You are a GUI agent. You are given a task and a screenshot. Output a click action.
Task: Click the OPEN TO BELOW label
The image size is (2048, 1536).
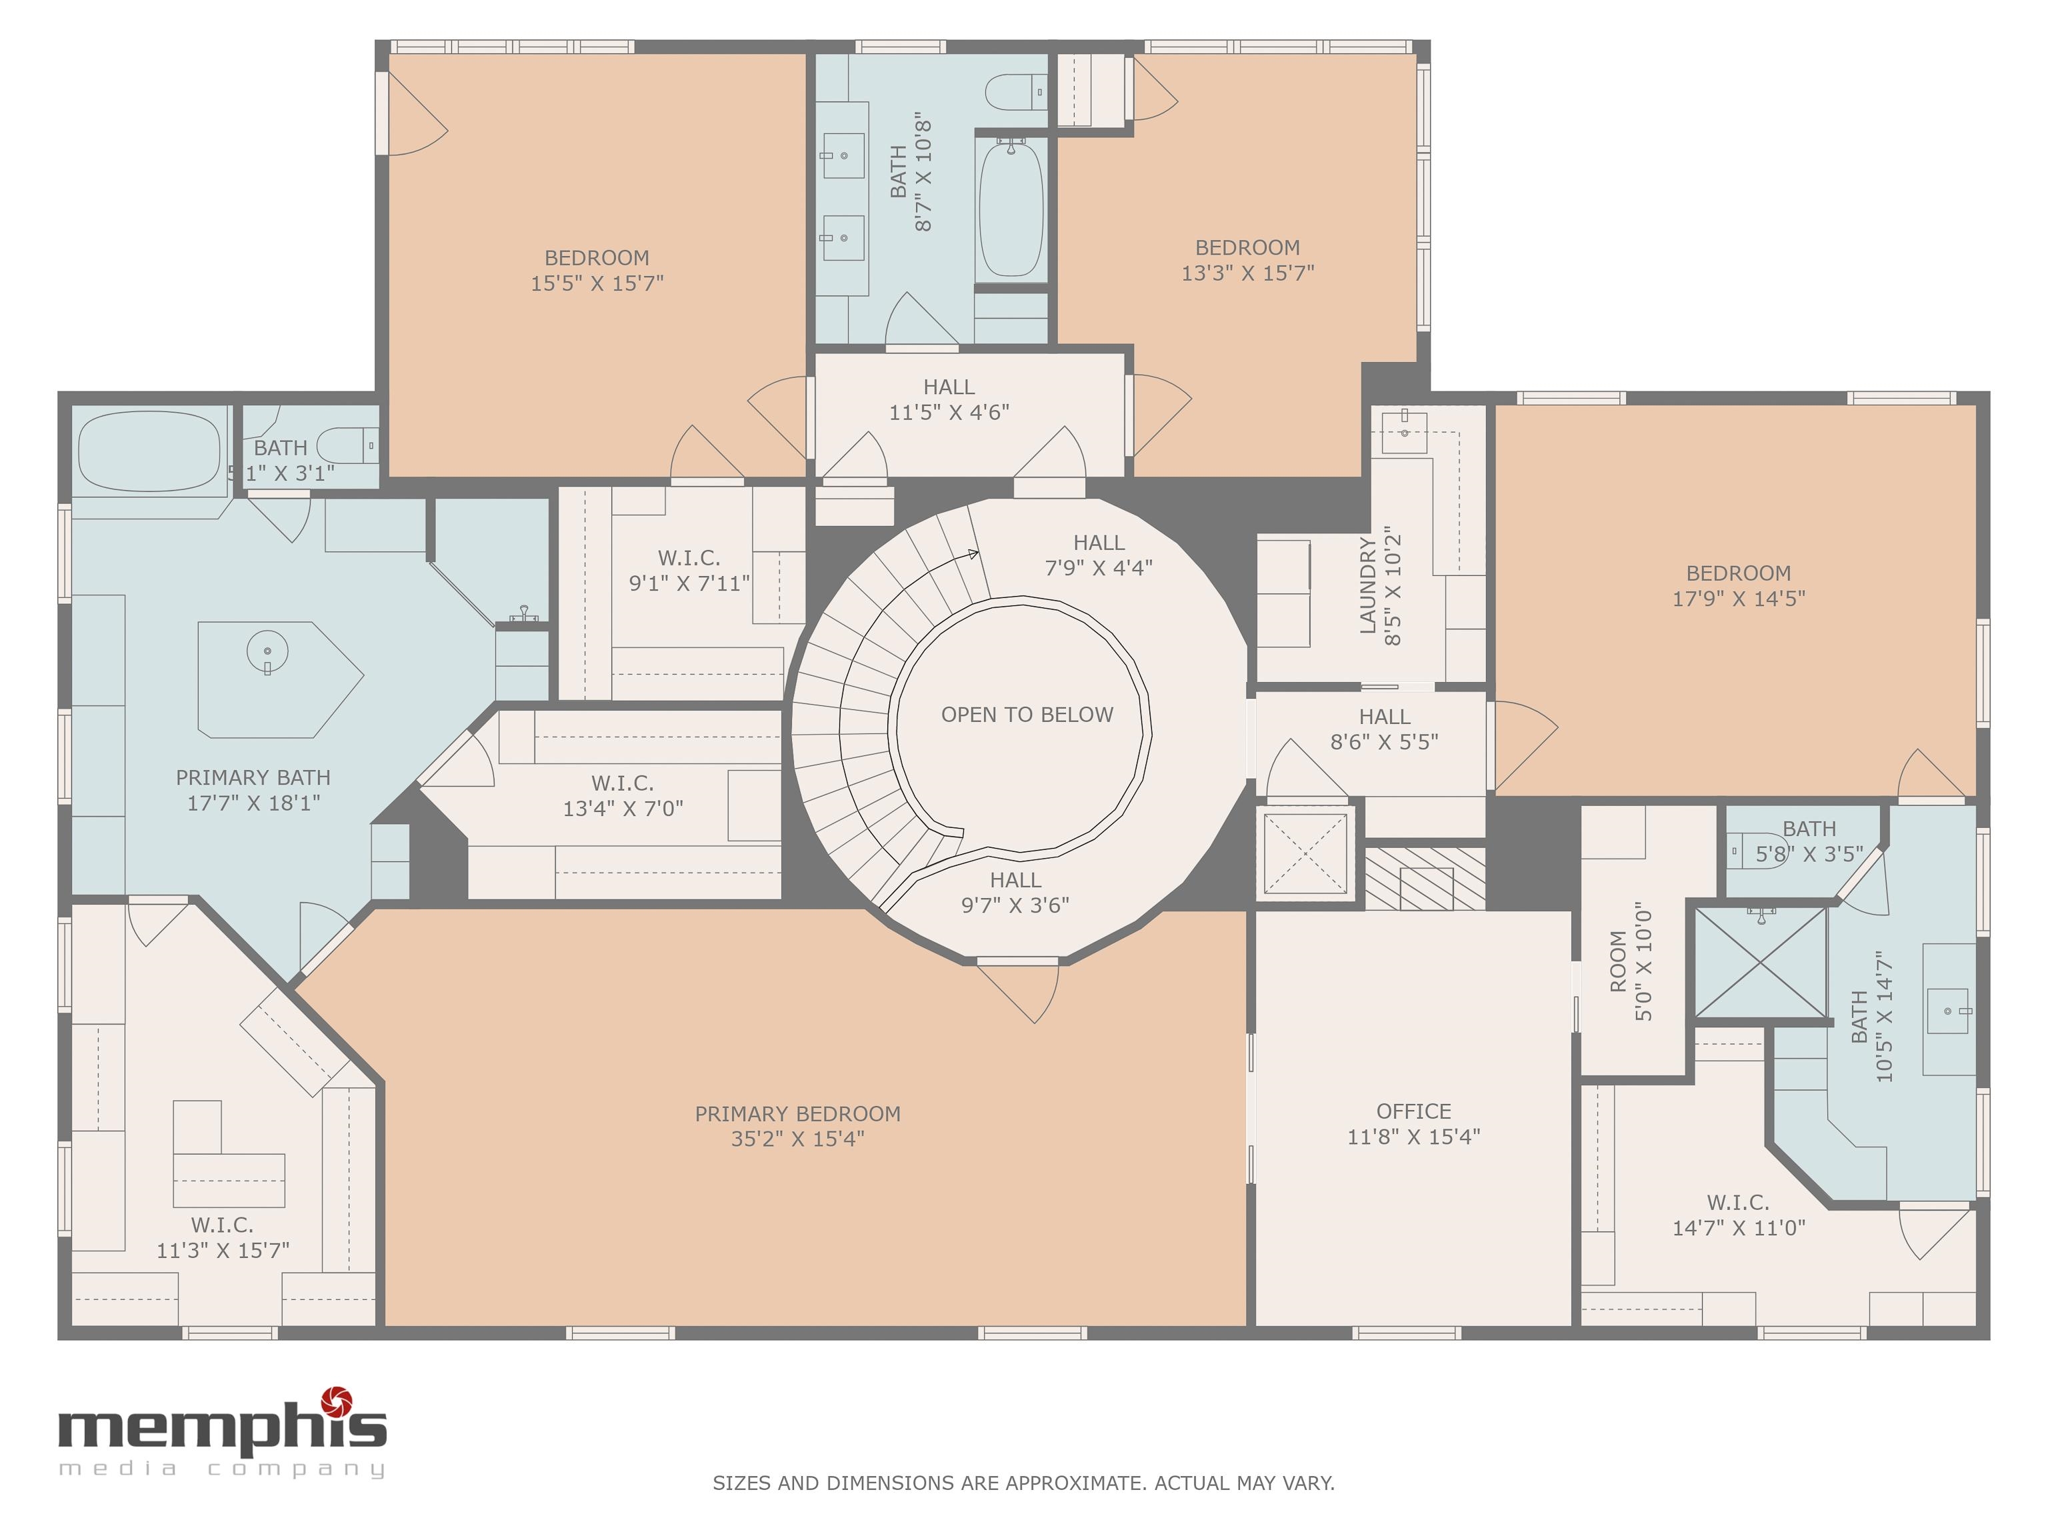1027,715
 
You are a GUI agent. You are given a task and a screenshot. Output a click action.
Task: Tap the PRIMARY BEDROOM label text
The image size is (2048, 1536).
797,1114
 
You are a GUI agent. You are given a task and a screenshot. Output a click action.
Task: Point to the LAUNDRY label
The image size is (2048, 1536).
1367,585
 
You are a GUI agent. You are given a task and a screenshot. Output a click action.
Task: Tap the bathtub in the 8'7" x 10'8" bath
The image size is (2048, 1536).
1011,207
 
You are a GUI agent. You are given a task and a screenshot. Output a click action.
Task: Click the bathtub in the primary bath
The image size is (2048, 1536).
151,453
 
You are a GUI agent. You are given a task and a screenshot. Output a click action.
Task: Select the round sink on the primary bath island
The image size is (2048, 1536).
267,651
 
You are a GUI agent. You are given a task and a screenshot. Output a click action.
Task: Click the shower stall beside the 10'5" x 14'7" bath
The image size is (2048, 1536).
1760,962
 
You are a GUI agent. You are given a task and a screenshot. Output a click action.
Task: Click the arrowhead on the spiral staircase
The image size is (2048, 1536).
973,555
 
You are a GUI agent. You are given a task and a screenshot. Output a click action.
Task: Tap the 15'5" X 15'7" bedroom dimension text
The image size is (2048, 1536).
597,283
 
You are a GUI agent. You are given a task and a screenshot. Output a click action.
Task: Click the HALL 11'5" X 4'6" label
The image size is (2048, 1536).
949,400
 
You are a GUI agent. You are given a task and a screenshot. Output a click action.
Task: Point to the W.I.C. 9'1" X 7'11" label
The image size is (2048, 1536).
689,570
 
